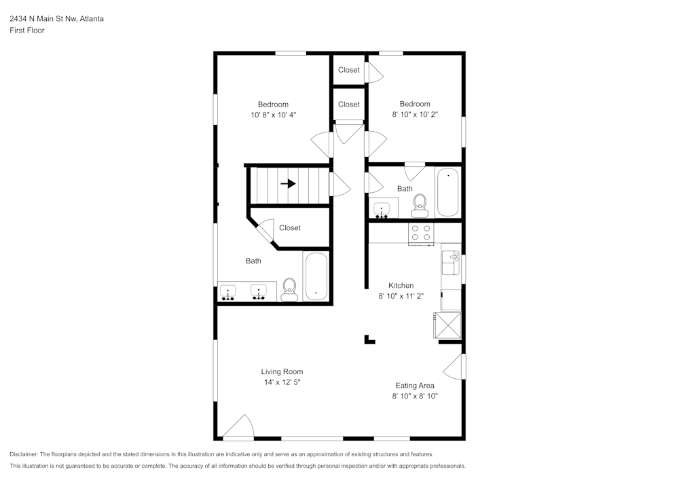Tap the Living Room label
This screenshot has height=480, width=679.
pos(282,371)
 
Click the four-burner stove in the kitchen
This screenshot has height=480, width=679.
pos(421,233)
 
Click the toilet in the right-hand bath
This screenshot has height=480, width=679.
pos(420,202)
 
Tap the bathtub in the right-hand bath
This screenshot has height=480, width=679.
pos(447,192)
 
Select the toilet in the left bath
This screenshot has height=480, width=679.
pos(289,290)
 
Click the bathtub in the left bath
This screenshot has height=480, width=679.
pos(316,276)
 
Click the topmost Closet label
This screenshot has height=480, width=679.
pos(349,70)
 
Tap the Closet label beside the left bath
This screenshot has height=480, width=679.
pos(290,228)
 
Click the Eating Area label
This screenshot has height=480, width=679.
pos(415,386)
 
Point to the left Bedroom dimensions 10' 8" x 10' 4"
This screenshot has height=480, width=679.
pos(273,115)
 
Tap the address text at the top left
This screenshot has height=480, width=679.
pos(56,19)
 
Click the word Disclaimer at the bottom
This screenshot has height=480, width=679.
pos(24,454)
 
